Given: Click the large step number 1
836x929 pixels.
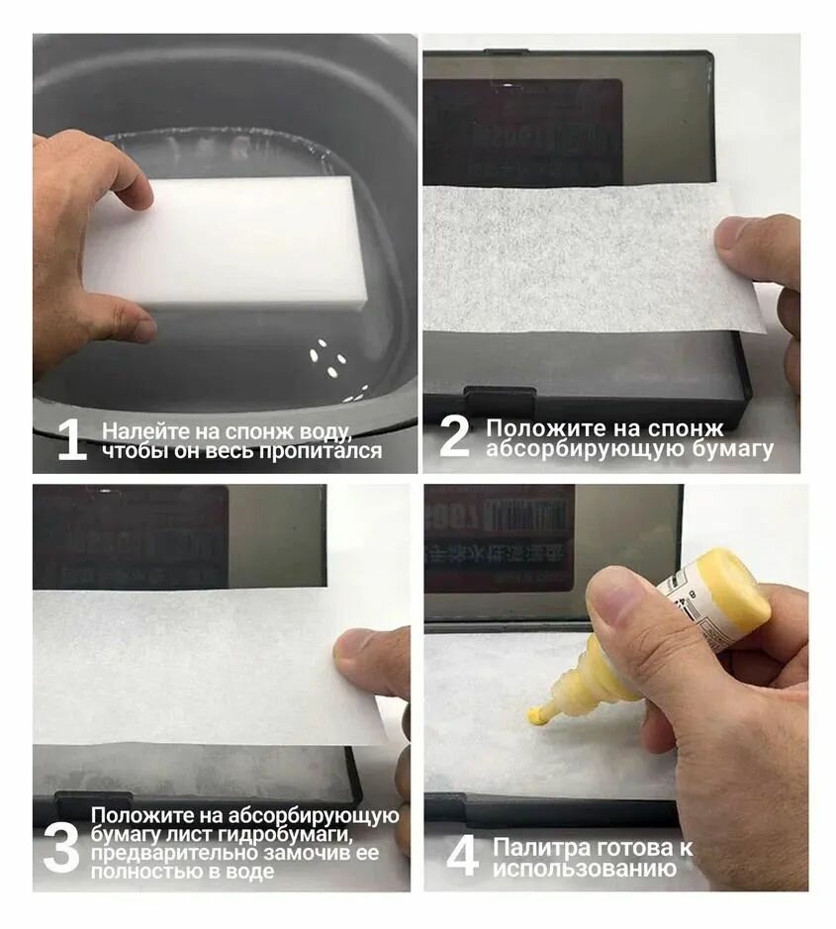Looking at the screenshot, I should tap(71, 440).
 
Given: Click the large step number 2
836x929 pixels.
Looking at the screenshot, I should tap(454, 437).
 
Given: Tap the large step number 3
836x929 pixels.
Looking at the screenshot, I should tap(60, 846).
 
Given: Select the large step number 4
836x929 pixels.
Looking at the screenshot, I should tap(462, 857).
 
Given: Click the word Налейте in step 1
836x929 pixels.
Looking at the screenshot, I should tap(138, 431).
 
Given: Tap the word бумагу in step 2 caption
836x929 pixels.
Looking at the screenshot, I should tap(732, 449).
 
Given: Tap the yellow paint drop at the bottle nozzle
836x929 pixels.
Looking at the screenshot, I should tap(535, 713).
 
